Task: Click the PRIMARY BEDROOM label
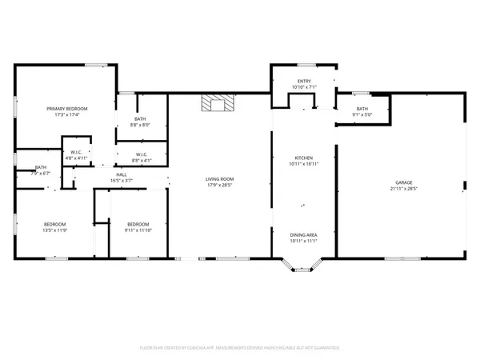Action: (66, 108)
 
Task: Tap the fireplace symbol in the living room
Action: (215, 104)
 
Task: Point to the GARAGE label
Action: (403, 182)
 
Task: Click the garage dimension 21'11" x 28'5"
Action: (403, 189)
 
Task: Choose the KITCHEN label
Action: (303, 158)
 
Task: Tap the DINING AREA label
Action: (304, 234)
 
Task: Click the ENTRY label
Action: (304, 81)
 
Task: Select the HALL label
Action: (122, 174)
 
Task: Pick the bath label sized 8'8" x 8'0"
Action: (140, 119)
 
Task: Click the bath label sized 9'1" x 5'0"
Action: (362, 109)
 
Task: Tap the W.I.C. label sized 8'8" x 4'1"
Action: (141, 154)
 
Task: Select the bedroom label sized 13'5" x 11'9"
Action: (54, 223)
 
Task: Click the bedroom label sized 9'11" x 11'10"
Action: (138, 223)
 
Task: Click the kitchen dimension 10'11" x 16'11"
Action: (303, 164)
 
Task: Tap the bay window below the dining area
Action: (304, 266)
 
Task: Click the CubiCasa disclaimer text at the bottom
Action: (240, 348)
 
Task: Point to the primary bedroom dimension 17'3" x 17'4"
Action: (66, 114)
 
